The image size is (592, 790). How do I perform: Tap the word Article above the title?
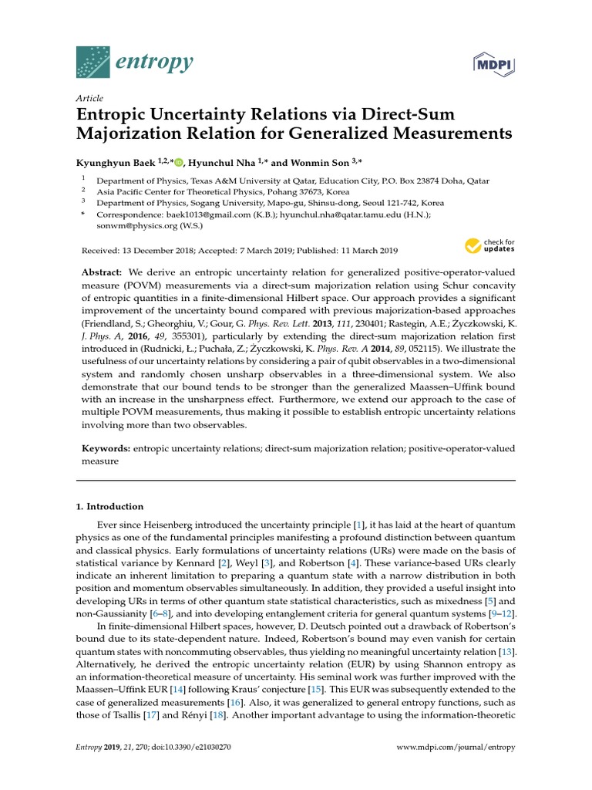point(90,99)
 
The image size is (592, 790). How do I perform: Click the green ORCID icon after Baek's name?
point(180,162)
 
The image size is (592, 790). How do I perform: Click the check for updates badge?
point(489,246)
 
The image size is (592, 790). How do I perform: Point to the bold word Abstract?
point(101,274)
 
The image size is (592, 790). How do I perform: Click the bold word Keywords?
point(106,448)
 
